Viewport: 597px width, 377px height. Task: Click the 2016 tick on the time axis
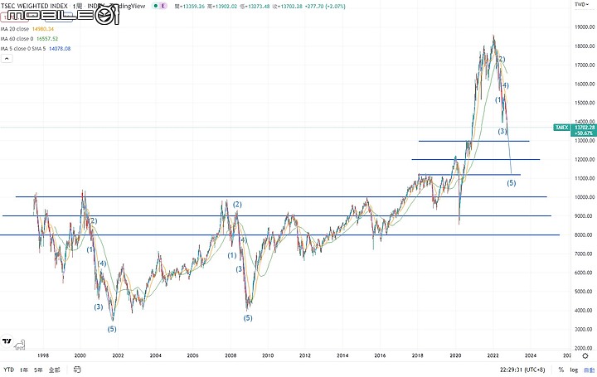pyautogui.click(x=380, y=355)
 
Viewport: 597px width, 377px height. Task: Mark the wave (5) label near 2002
pyautogui.click(x=112, y=329)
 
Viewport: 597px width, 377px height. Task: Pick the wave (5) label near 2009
pyautogui.click(x=247, y=317)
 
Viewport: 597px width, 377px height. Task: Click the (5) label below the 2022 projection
pyautogui.click(x=511, y=182)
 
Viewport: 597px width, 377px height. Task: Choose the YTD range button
pyautogui.click(x=8, y=370)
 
